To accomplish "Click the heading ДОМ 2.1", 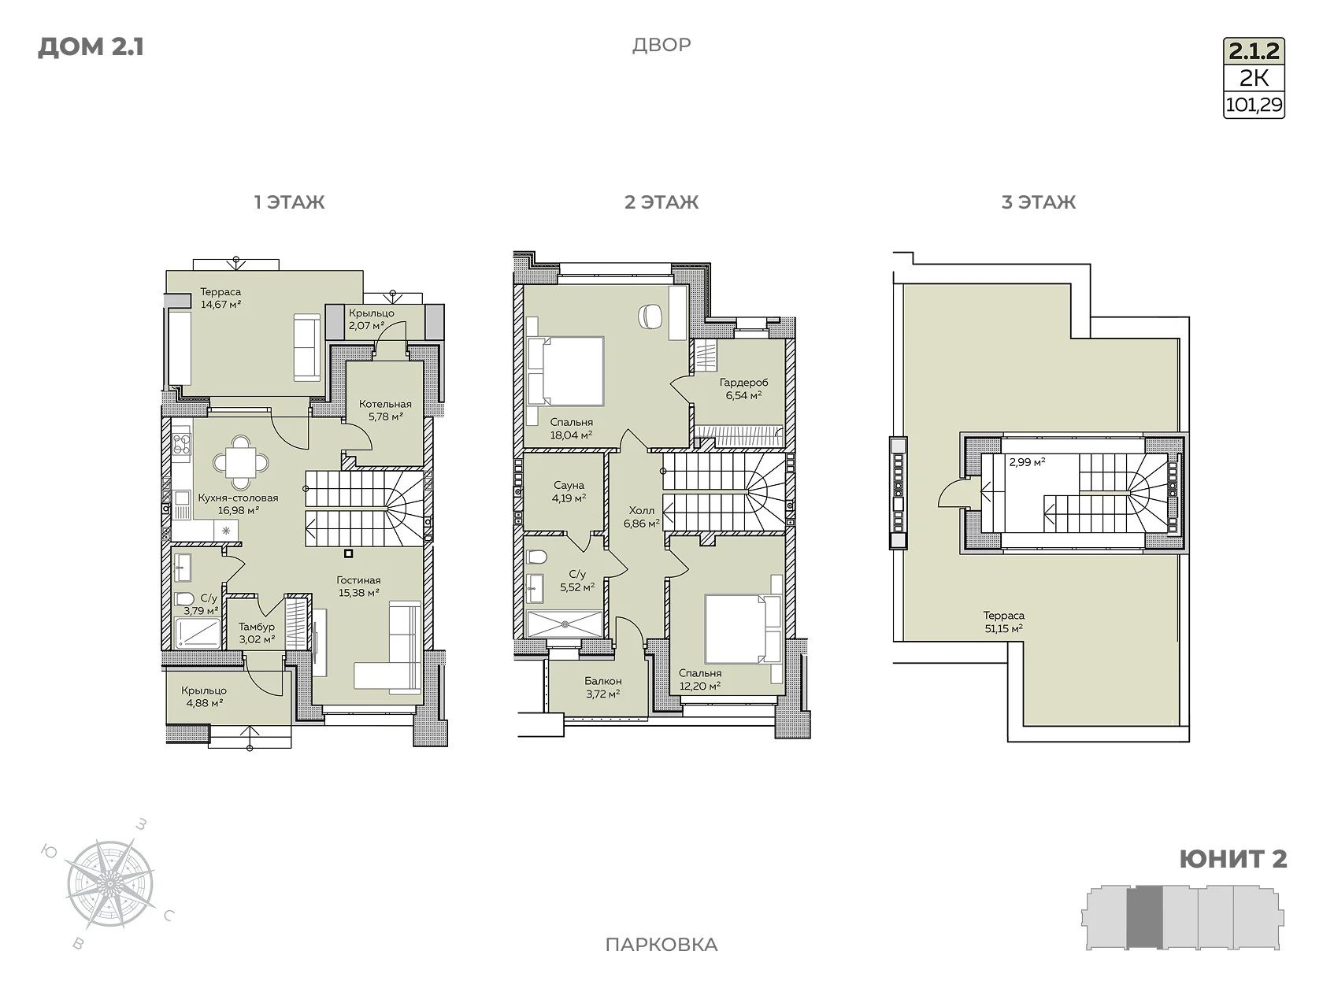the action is click(91, 47).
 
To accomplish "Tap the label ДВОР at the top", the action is click(661, 45).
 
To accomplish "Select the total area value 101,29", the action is click(1254, 105).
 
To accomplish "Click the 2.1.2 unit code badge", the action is click(1254, 51).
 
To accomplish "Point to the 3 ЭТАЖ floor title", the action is click(1039, 202).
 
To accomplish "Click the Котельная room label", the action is click(385, 404).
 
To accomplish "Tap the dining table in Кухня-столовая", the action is click(241, 463).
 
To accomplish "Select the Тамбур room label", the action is click(257, 627).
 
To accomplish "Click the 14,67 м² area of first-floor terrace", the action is click(220, 304).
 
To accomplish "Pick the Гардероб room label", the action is click(743, 383).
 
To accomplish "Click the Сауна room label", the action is click(569, 485).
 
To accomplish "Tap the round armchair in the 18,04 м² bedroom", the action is click(650, 316).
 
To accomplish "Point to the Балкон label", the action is click(602, 681).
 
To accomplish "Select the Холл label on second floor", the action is click(641, 511).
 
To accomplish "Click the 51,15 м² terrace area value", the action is click(1003, 628).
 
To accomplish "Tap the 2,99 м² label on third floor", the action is click(1027, 463).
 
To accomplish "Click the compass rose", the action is click(109, 883).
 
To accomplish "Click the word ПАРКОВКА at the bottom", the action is click(661, 945).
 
